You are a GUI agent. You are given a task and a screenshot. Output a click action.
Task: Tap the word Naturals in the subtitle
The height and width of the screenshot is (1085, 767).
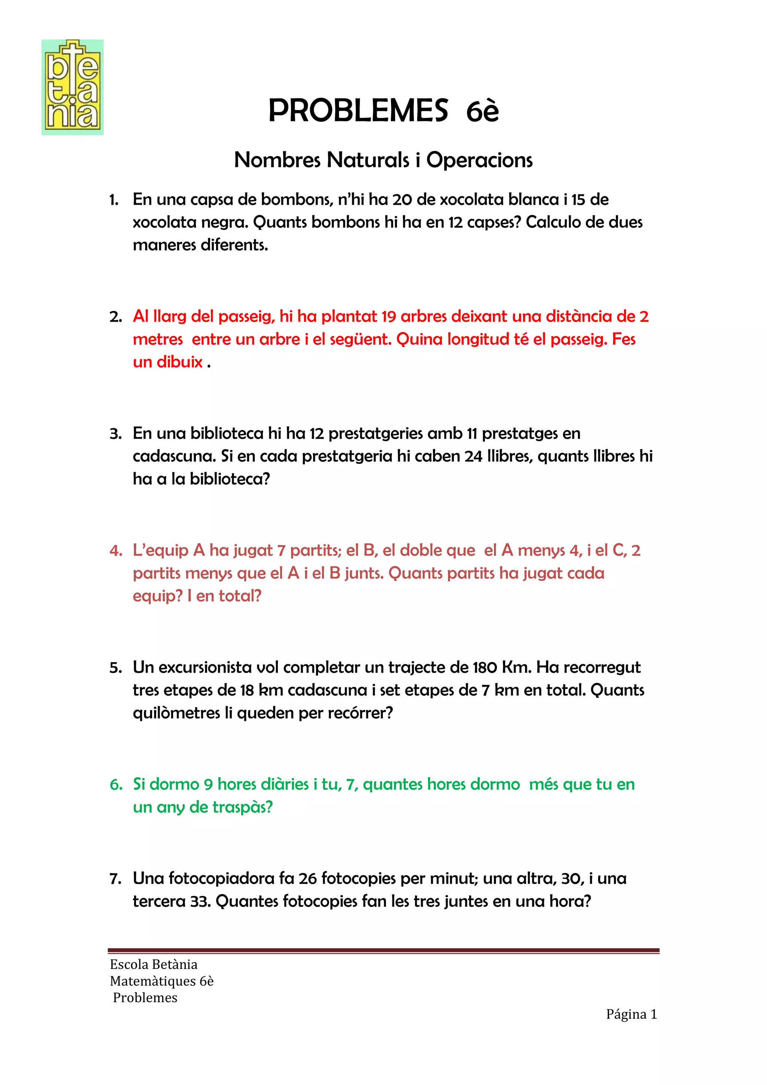pyautogui.click(x=368, y=160)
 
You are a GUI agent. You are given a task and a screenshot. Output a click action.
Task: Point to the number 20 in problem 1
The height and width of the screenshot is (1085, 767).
pyautogui.click(x=402, y=200)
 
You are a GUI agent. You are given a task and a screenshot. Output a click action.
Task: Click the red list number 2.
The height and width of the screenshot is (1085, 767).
pyautogui.click(x=115, y=317)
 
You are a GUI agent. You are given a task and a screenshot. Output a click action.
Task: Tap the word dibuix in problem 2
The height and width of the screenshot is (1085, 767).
pyautogui.click(x=180, y=362)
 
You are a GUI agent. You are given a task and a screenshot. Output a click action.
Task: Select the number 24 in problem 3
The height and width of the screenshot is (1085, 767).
pyautogui.click(x=473, y=456)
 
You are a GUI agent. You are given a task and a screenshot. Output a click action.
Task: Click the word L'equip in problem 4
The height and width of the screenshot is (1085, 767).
pyautogui.click(x=161, y=550)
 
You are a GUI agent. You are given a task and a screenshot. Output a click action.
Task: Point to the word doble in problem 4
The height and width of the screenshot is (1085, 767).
pyautogui.click(x=419, y=550)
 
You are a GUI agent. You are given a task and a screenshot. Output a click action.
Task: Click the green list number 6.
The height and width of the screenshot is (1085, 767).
pyautogui.click(x=116, y=784)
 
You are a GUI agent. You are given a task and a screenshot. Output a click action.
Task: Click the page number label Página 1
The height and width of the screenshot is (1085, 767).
pyautogui.click(x=631, y=1014)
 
